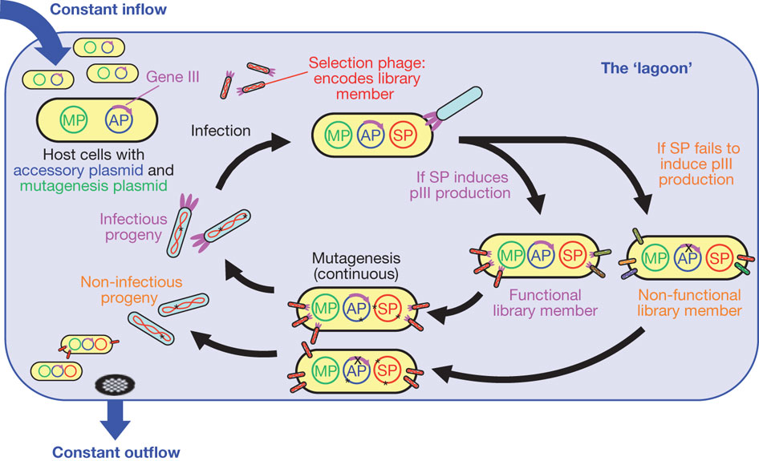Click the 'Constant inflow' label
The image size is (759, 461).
(108, 9)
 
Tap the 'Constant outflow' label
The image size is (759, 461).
(116, 452)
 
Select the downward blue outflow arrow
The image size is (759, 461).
(116, 419)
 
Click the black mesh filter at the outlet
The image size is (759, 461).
(116, 385)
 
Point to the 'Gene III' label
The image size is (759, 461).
(172, 77)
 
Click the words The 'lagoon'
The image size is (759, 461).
(646, 68)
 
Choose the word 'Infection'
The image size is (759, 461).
(221, 131)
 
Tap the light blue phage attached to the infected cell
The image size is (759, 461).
(458, 103)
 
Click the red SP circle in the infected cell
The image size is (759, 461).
(404, 135)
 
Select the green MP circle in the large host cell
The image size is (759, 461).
(74, 119)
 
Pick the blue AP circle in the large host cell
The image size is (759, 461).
(119, 119)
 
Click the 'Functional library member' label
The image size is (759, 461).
(545, 303)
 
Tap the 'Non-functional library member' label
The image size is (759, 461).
(689, 303)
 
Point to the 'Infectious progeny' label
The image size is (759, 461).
(134, 227)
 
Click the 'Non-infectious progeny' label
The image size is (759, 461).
(131, 289)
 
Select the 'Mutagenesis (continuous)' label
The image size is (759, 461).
(355, 266)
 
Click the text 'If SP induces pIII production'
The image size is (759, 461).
(460, 185)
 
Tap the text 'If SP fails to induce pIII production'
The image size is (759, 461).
(697, 164)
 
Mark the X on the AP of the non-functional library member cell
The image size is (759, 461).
(689, 249)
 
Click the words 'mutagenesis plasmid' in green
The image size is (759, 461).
(93, 186)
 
